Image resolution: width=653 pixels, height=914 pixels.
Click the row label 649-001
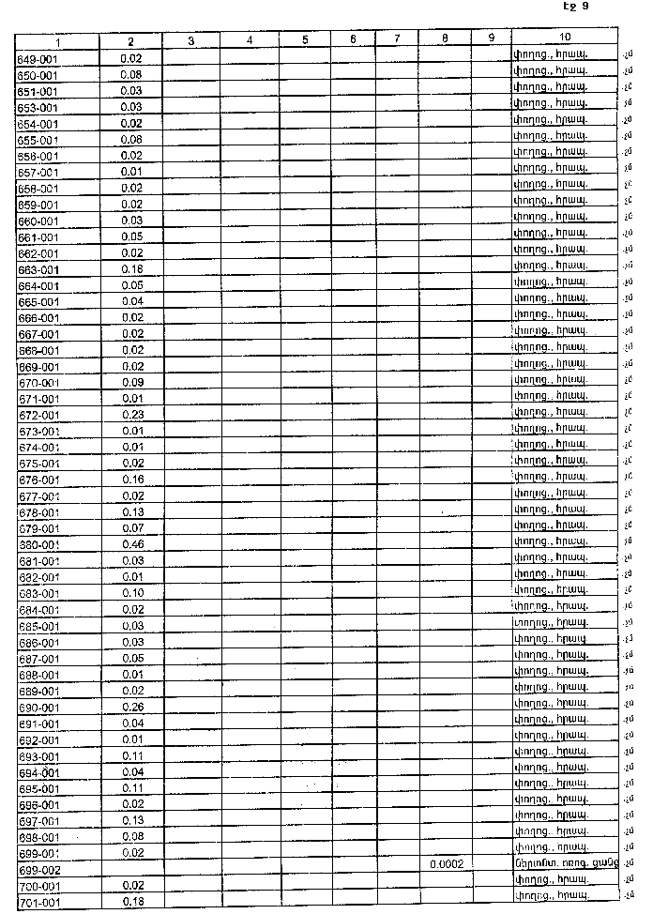click(x=38, y=58)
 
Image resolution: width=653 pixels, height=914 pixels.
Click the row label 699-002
click(x=38, y=870)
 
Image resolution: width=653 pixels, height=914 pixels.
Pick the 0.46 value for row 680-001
click(x=131, y=544)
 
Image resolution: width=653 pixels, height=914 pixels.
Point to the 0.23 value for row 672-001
click(x=131, y=415)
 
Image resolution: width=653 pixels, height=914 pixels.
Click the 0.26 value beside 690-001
click(x=131, y=707)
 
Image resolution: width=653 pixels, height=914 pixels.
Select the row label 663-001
click(x=38, y=269)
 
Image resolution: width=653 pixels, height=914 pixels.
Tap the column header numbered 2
click(x=131, y=42)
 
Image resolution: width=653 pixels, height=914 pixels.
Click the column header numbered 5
click(x=306, y=40)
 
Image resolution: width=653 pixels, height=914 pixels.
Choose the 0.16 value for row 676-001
click(x=131, y=480)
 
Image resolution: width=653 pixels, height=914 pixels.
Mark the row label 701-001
click(x=38, y=903)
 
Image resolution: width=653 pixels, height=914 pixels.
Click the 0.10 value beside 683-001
click(x=131, y=593)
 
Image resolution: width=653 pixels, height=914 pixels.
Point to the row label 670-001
click(x=38, y=383)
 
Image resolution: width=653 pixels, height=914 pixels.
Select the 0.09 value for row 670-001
click(x=131, y=383)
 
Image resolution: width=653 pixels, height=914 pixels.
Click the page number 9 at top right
click(x=584, y=7)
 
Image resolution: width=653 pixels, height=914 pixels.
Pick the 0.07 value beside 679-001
click(x=131, y=528)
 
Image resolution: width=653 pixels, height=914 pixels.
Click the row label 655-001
click(x=38, y=140)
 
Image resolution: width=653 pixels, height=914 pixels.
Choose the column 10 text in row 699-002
click(x=565, y=862)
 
